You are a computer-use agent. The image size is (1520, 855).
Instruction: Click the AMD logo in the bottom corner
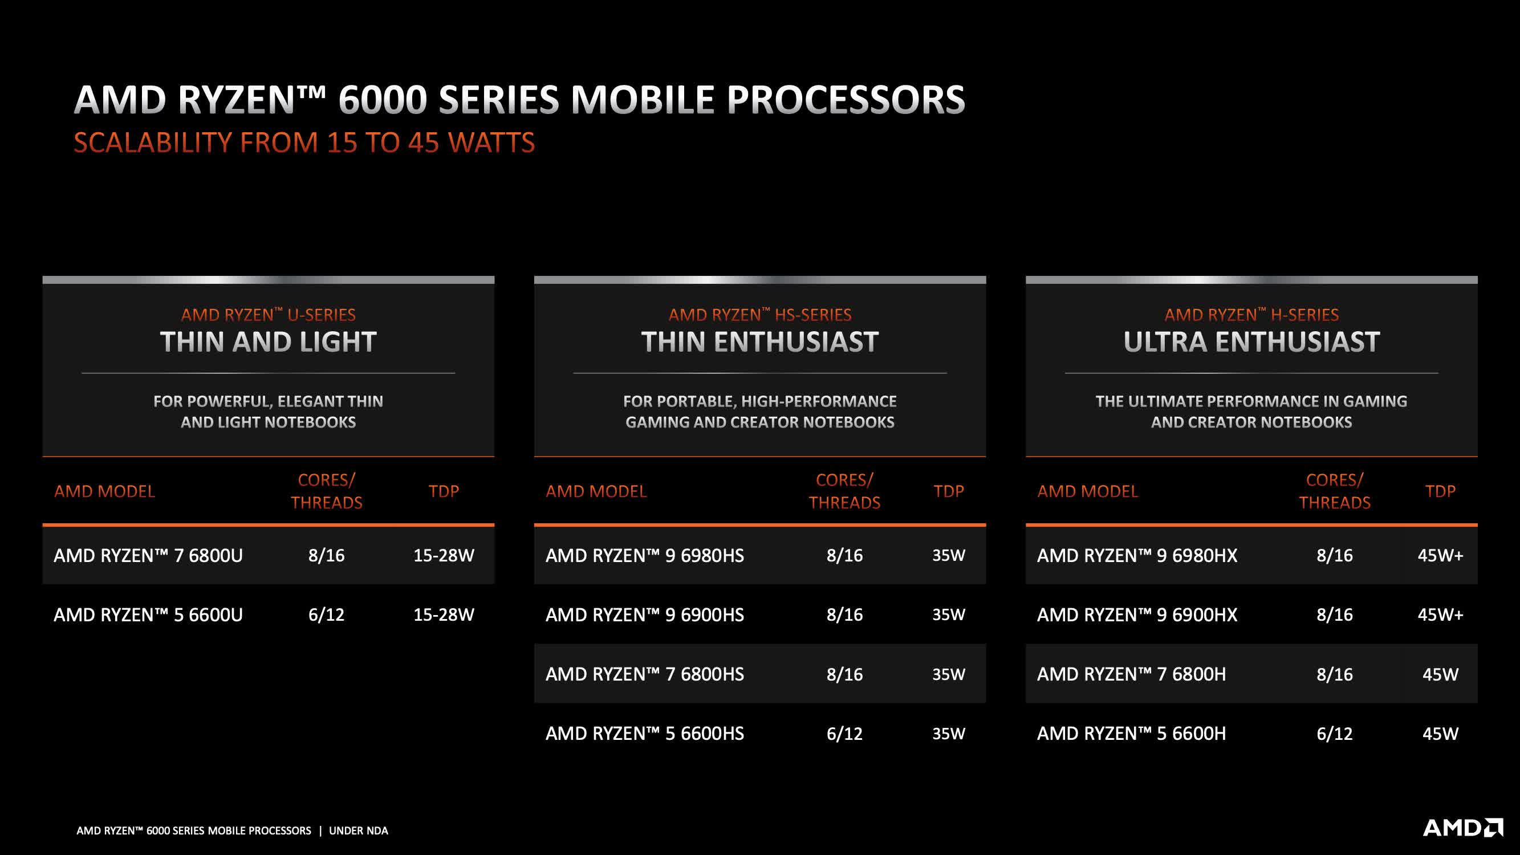1462,827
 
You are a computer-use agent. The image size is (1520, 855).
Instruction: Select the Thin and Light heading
269,341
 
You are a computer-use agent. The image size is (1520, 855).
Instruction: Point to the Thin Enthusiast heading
760,341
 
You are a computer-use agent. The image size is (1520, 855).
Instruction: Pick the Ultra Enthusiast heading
1251,341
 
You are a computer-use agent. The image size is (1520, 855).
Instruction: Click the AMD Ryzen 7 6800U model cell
148,555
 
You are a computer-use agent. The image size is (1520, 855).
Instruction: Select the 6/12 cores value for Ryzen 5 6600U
326,615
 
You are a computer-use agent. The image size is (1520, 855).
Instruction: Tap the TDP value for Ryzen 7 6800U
444,555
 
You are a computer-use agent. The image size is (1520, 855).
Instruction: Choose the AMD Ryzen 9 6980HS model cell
644,555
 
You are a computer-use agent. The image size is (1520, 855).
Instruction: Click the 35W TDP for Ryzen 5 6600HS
949,734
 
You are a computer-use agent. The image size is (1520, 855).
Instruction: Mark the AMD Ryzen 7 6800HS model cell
644,674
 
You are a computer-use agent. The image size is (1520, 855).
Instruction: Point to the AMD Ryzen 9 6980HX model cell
1137,555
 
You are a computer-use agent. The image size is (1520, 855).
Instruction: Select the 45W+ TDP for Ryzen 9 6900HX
1440,615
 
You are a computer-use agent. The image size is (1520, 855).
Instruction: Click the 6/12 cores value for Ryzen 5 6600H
1335,734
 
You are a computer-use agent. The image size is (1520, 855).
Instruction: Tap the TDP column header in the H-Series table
1440,491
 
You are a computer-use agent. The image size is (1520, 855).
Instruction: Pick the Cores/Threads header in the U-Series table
326,491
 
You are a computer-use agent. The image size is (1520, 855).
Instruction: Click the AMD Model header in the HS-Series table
596,491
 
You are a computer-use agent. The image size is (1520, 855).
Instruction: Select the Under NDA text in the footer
359,831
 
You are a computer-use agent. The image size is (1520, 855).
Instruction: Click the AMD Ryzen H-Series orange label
1251,315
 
